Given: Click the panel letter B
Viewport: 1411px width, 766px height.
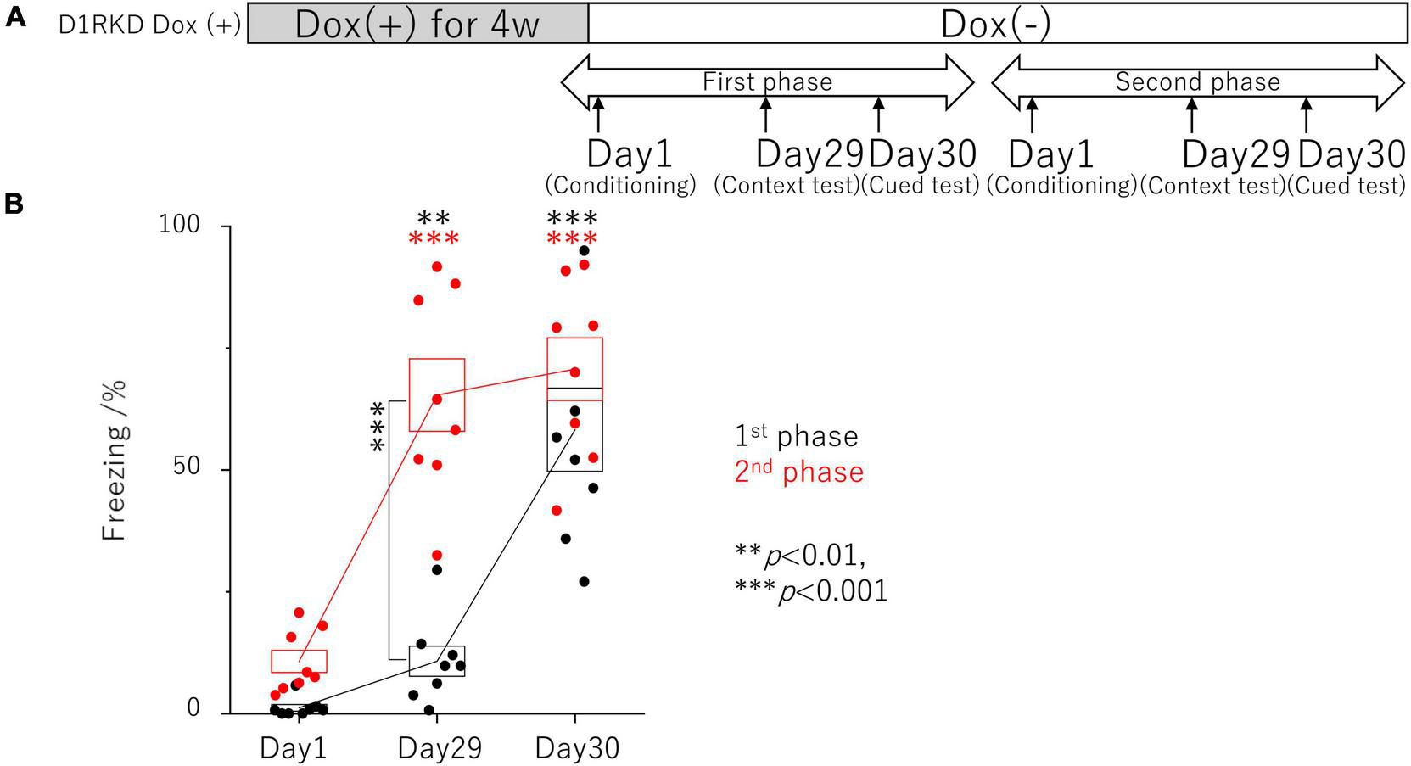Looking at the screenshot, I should [x=14, y=204].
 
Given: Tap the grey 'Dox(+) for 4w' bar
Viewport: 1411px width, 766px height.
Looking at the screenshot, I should [x=417, y=24].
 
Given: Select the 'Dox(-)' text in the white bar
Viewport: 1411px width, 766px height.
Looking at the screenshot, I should [x=996, y=24].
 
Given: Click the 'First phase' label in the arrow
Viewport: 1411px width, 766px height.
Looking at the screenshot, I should [x=767, y=82].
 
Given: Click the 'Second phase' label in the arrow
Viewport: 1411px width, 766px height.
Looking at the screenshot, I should [x=1197, y=82].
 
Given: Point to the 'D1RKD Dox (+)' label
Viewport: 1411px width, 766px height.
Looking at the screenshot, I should [x=149, y=25].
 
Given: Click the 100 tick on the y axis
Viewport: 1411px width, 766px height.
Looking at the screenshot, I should [x=180, y=226].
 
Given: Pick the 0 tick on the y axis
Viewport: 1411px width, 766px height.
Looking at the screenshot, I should [x=193, y=708].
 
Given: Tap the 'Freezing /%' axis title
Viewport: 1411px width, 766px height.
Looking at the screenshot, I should [x=115, y=460].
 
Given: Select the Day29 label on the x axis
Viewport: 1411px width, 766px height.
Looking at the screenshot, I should [x=440, y=748].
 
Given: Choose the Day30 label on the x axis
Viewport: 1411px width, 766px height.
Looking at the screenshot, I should [x=577, y=748].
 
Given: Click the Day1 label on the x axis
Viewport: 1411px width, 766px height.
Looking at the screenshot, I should [x=294, y=748].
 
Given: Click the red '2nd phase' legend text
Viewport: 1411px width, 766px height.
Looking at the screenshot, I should [x=798, y=472].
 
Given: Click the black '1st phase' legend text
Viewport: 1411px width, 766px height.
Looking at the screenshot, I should [x=796, y=436].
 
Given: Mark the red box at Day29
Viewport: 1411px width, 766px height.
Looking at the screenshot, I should [x=436, y=394].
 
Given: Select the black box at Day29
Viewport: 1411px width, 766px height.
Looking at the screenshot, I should [x=436, y=661].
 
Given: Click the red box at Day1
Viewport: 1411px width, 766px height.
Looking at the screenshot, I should [x=299, y=661].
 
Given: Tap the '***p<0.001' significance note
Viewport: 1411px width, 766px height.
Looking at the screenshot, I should [x=811, y=590].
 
